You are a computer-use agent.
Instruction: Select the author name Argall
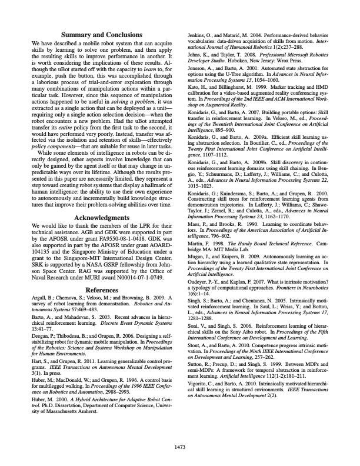point(39,283)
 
